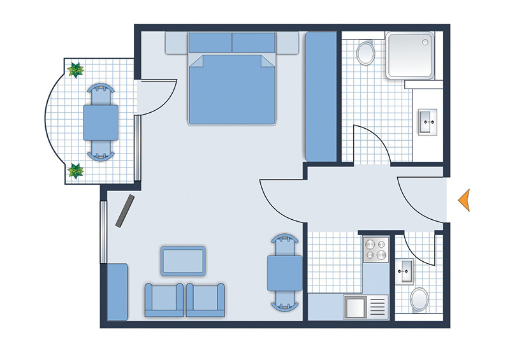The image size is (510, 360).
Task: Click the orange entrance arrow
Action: (465, 200)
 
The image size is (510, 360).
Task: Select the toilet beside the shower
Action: (366, 52)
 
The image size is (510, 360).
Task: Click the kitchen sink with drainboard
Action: (366, 307)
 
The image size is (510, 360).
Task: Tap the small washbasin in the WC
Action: (405, 273)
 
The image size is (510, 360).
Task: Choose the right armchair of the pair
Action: (206, 300)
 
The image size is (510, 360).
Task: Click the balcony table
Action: (101, 122)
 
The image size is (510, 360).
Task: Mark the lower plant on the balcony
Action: (76, 171)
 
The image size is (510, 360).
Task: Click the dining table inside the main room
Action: (284, 273)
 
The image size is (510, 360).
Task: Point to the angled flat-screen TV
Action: (125, 211)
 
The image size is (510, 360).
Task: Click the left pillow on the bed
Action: (210, 43)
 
